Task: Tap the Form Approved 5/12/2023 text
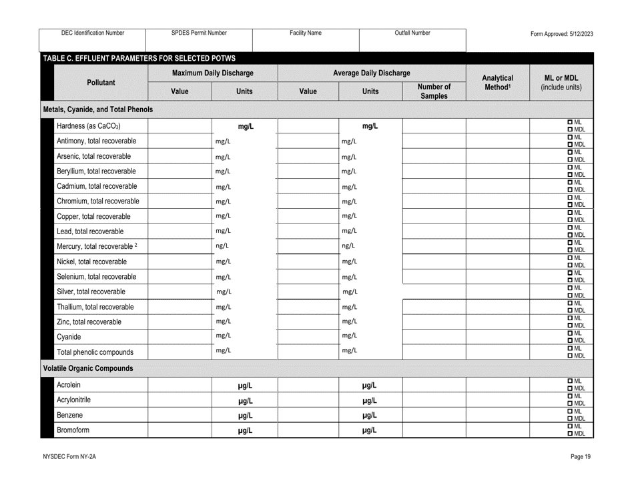click(561, 33)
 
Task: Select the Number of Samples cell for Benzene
click(434, 415)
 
